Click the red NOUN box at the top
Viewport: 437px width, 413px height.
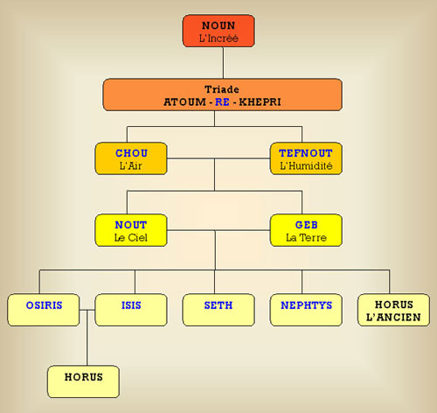pyautogui.click(x=218, y=31)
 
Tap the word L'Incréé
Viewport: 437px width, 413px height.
pyautogui.click(x=218, y=38)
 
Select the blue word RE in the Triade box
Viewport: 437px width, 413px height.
pyautogui.click(x=222, y=102)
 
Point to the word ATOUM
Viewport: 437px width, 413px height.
pyautogui.click(x=184, y=102)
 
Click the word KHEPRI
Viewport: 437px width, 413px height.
pyautogui.click(x=260, y=102)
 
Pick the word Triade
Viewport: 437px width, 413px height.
pyautogui.click(x=222, y=89)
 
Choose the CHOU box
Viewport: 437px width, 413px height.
pyautogui.click(x=131, y=158)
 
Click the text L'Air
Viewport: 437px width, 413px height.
pyautogui.click(x=131, y=165)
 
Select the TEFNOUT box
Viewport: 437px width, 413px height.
pyautogui.click(x=306, y=158)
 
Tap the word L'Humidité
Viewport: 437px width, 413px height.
pyautogui.click(x=306, y=165)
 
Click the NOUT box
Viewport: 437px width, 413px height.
pyautogui.click(x=131, y=230)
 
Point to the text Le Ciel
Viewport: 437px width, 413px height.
pyautogui.click(x=131, y=238)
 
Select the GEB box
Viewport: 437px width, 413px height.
pyautogui.click(x=306, y=230)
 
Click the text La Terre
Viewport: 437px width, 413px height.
pyautogui.click(x=306, y=238)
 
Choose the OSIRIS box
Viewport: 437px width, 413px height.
pyautogui.click(x=44, y=310)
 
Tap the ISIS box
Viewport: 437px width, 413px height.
pyautogui.click(x=131, y=310)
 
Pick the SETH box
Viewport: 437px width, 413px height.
pyautogui.click(x=218, y=310)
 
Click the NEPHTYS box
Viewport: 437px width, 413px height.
pyautogui.click(x=306, y=310)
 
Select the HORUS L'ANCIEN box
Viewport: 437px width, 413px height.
pyautogui.click(x=393, y=310)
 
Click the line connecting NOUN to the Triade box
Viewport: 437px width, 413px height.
pyautogui.click(x=224, y=63)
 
